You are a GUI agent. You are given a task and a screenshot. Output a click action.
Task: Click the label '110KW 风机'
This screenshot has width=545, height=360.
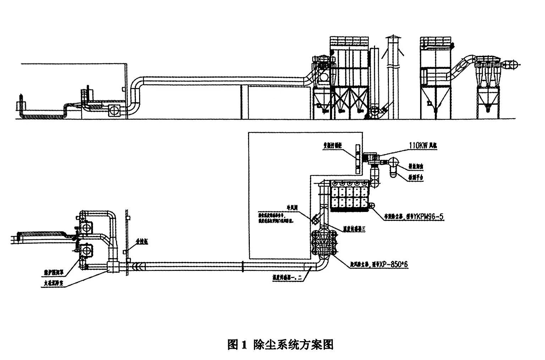[x=425, y=146]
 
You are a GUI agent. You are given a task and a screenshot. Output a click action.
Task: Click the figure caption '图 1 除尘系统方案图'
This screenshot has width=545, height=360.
[x=280, y=344]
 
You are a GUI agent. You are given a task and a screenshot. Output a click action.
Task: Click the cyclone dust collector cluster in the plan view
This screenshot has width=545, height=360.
[x=324, y=242]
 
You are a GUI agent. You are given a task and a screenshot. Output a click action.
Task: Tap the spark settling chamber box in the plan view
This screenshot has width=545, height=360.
[x=112, y=267]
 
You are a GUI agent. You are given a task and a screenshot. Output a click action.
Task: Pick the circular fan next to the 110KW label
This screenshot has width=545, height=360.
[x=393, y=162]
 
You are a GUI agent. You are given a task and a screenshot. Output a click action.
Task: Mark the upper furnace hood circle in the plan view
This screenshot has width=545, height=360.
[x=86, y=227]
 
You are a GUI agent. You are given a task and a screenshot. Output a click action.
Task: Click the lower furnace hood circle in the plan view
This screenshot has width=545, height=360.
[x=86, y=250]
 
